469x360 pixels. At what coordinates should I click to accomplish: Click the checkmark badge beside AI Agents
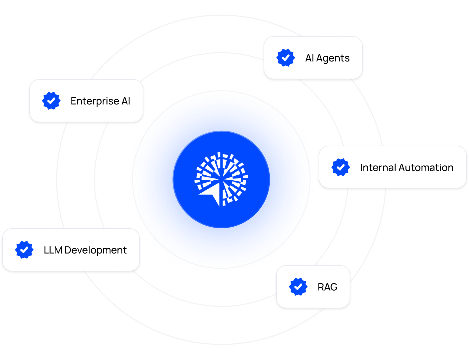pos(285,58)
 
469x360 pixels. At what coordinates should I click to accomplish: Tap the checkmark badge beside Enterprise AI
pos(51,101)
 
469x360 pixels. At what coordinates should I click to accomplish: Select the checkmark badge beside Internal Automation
pos(341,167)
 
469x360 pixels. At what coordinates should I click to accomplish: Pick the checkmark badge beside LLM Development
pos(24,250)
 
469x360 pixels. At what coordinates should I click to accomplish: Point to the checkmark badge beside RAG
pos(298,287)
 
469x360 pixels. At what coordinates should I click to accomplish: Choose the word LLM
pos(52,250)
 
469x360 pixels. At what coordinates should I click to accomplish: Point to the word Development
pos(96,250)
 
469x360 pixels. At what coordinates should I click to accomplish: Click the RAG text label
pos(327,287)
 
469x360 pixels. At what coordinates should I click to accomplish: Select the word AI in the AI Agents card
pos(309,58)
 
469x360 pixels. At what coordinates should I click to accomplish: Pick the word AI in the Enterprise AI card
pos(125,101)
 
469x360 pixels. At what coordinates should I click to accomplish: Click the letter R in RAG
pos(321,287)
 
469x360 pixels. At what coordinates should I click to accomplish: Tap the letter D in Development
pos(68,250)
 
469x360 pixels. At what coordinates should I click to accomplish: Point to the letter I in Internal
pos(362,168)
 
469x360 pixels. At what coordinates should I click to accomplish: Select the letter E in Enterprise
pos(74,101)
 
